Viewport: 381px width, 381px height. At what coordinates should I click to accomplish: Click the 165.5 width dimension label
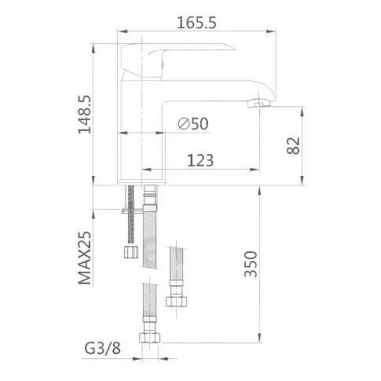point(196,23)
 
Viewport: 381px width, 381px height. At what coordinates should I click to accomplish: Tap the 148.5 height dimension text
point(85,115)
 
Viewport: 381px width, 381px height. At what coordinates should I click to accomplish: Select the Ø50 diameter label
point(193,123)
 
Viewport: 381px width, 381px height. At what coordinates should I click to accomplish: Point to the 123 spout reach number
point(200,160)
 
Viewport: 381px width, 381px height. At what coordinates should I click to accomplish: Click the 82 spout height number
point(293,145)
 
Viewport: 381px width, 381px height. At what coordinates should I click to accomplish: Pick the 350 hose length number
point(251,264)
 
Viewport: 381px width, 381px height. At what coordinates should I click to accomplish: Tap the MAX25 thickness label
point(85,258)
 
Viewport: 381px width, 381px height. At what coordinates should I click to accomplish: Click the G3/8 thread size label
point(102,348)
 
